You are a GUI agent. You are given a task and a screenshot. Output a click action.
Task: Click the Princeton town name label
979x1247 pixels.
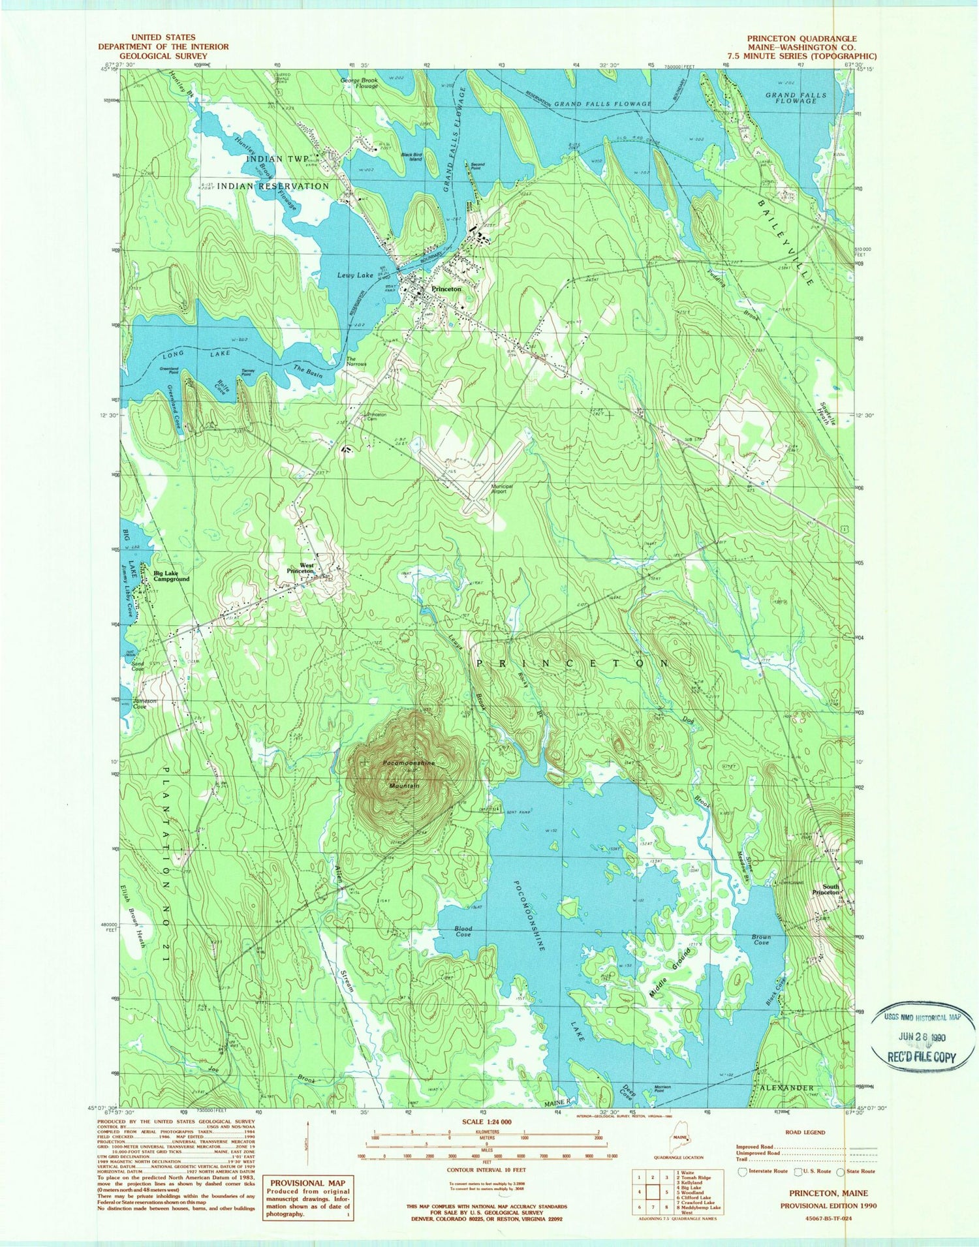(x=446, y=288)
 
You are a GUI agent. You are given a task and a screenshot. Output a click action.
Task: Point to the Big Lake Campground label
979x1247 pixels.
(x=172, y=576)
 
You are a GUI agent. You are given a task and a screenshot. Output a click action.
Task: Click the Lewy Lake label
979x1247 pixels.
(x=356, y=275)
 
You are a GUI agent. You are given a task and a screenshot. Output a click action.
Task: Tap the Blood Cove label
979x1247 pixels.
(x=463, y=931)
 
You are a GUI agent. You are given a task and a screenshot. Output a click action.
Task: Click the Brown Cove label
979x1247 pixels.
(x=761, y=940)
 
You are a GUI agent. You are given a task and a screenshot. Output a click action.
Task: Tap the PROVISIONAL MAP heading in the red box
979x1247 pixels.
(x=307, y=1182)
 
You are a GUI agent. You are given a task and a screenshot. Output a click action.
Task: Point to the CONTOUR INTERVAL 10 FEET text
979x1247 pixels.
(x=486, y=1170)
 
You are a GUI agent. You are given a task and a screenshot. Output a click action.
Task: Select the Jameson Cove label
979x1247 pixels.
(x=146, y=703)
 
